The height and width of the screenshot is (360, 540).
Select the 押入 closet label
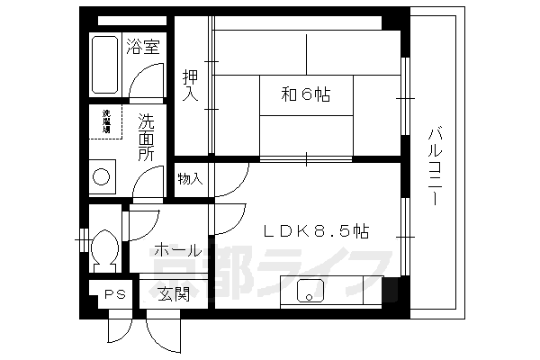pyautogui.click(x=191, y=85)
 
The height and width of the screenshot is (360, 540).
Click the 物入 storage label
pyautogui.click(x=189, y=178)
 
